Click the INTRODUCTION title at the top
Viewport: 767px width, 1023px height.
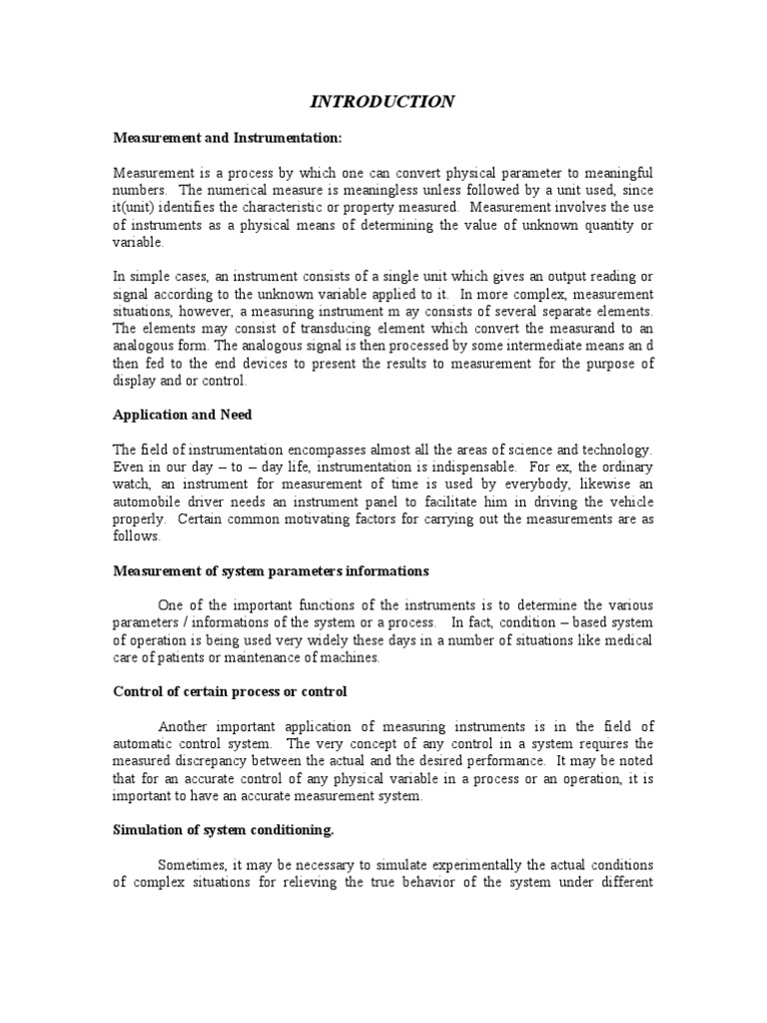pyautogui.click(x=383, y=101)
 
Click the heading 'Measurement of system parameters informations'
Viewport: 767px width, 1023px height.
pyautogui.click(x=271, y=570)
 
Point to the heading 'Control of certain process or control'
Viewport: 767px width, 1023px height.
pyautogui.click(x=230, y=691)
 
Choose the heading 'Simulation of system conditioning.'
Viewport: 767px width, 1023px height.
pyautogui.click(x=233, y=828)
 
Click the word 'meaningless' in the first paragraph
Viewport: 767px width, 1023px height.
pyautogui.click(x=360, y=190)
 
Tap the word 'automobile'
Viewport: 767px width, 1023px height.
pyautogui.click(x=147, y=502)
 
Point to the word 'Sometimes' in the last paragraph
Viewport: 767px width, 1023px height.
pyautogui.click(x=192, y=865)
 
